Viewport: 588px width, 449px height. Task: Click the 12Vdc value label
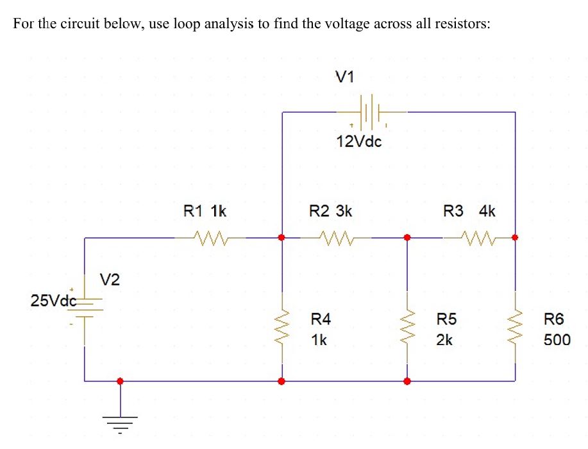tap(358, 142)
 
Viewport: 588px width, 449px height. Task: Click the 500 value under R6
tap(556, 340)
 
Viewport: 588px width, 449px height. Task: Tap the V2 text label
tap(110, 279)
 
